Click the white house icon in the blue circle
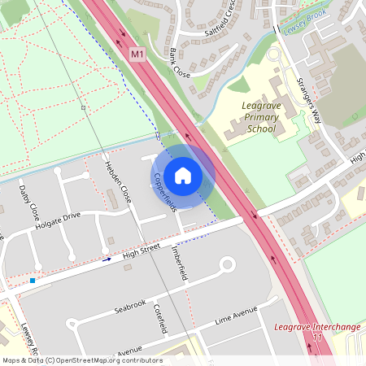(x=183, y=176)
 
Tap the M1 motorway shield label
(x=137, y=54)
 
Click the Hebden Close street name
(x=118, y=183)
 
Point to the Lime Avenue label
(x=235, y=316)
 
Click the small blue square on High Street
(x=33, y=281)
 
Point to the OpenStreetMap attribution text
(x=81, y=359)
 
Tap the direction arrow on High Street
(x=107, y=259)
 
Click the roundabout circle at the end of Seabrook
(x=227, y=264)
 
